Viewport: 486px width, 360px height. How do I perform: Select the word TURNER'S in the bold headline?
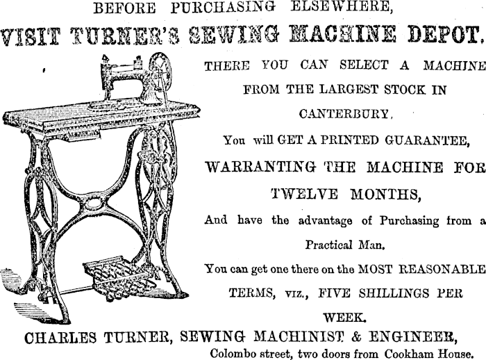click(125, 36)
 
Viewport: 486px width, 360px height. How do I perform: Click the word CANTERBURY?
click(344, 114)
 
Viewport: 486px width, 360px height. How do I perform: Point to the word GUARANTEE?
click(428, 140)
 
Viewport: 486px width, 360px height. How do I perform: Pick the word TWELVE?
click(304, 195)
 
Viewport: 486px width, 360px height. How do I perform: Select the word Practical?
click(328, 245)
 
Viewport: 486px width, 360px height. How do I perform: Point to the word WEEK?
click(344, 318)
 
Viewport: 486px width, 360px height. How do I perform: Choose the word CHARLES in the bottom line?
click(60, 338)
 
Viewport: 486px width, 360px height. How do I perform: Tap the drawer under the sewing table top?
click(83, 135)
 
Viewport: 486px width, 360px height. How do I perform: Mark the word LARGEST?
click(349, 90)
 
